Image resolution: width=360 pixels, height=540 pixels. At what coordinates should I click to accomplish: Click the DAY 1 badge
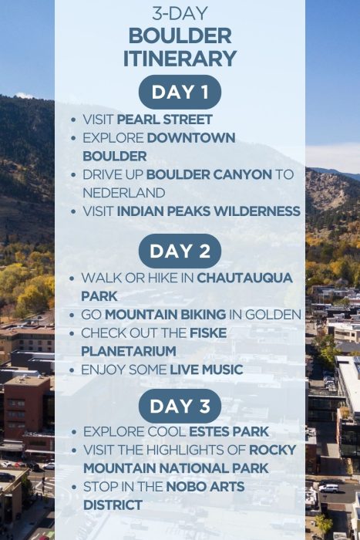(180, 92)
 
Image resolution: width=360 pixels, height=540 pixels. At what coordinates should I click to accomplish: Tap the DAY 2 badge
(180, 251)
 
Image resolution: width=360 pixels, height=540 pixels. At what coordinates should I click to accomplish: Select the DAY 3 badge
(180, 406)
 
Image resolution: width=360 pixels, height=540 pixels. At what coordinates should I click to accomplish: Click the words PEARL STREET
(165, 120)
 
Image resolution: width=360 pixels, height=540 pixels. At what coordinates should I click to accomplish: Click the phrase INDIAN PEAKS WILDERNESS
(209, 211)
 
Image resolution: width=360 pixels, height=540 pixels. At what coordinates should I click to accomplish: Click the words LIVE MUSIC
(206, 370)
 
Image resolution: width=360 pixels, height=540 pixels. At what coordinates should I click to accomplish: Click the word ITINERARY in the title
(180, 58)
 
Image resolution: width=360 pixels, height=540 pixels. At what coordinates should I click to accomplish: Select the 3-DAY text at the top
(180, 13)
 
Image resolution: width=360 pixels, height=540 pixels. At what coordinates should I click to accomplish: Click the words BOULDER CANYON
(209, 174)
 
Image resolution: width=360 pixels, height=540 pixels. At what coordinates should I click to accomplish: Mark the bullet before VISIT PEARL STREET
(72, 120)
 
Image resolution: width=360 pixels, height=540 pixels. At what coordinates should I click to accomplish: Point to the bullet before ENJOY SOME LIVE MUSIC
(72, 370)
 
